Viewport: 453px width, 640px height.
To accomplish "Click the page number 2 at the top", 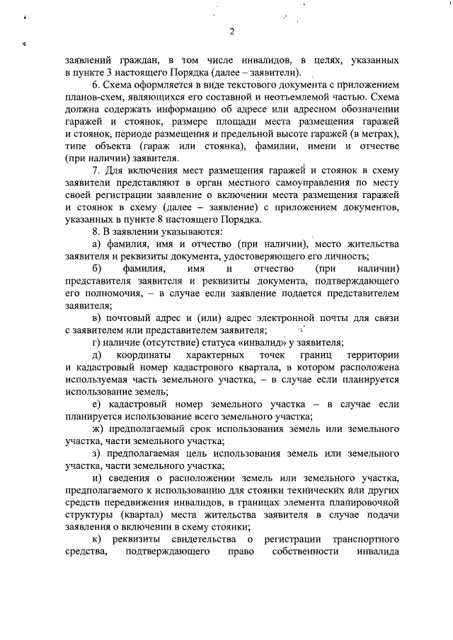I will pos(231,30).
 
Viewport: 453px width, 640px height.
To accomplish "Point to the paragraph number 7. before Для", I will pos(96,171).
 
